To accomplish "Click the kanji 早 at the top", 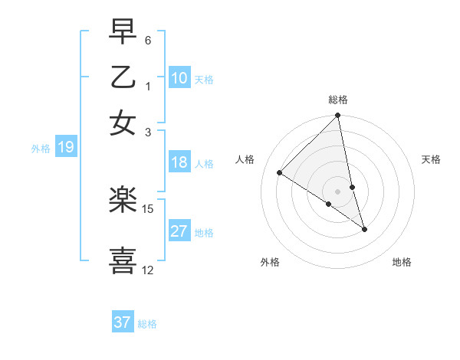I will (123, 33).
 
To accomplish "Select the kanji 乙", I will (123, 77).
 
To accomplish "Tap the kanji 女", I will (123, 123).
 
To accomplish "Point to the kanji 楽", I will (123, 200).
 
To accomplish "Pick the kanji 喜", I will (123, 260).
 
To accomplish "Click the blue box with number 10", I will (179, 78).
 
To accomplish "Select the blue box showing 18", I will (179, 162).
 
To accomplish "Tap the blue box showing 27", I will (179, 231).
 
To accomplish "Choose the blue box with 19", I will (65, 148).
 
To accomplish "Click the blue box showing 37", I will (123, 322).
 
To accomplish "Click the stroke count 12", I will (148, 270).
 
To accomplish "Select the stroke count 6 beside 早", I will (148, 40).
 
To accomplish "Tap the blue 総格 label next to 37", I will (148, 324).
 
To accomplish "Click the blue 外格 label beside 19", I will (41, 149).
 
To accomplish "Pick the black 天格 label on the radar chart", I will (432, 159).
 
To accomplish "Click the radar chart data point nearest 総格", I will (338, 116).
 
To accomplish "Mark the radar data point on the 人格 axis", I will (280, 172).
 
